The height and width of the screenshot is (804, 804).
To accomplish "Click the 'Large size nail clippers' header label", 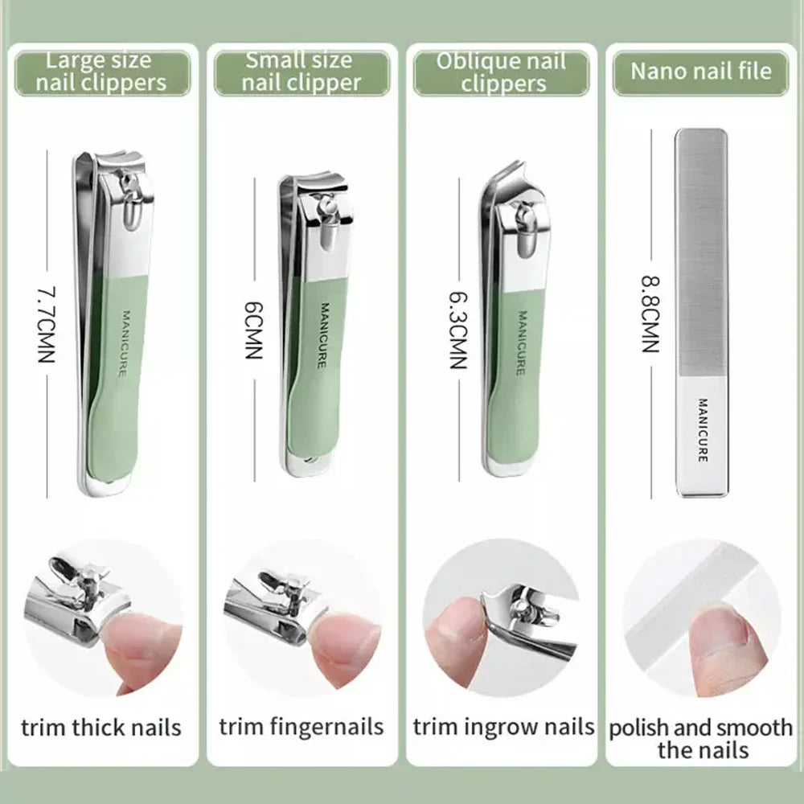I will [x=102, y=71].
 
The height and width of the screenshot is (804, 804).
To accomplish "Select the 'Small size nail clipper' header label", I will [x=301, y=71].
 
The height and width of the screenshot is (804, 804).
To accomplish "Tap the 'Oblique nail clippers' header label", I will [x=501, y=72].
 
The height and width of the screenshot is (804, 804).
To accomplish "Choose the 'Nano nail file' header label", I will [x=700, y=71].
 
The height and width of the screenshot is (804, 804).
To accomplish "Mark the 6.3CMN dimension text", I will [x=457, y=330].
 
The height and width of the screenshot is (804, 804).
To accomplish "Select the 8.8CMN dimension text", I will [x=650, y=314].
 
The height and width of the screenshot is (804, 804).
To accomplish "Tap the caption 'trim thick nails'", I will [x=101, y=728].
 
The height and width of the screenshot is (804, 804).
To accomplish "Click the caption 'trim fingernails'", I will [x=301, y=728].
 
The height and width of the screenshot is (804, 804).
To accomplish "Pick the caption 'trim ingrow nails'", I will [x=503, y=728].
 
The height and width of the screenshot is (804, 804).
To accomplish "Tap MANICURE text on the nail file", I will [x=702, y=430].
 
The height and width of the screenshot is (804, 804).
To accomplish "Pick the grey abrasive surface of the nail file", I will [x=701, y=249].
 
